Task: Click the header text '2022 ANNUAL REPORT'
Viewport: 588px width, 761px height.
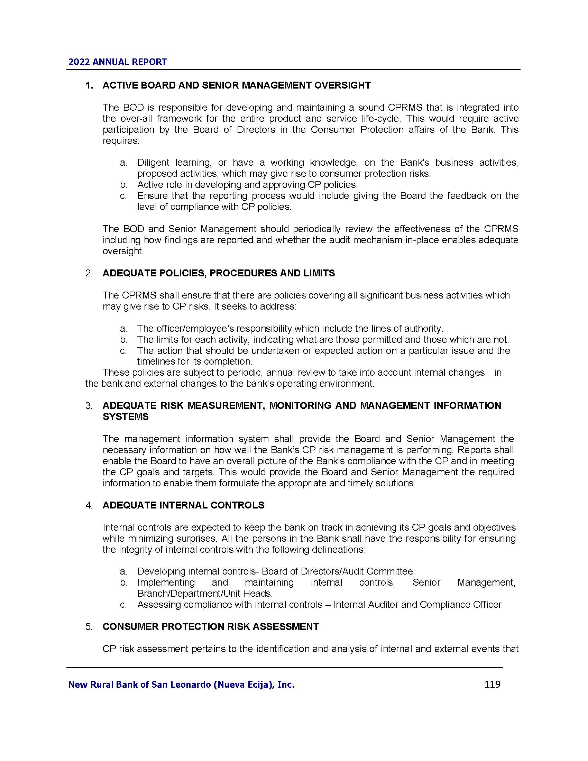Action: tap(117, 62)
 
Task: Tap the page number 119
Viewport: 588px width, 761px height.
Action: tap(492, 684)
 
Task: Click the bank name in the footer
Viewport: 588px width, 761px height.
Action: tap(181, 685)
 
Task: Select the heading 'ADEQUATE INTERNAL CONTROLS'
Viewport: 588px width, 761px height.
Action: tap(183, 505)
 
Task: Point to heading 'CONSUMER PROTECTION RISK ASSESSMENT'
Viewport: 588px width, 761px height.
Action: tap(210, 626)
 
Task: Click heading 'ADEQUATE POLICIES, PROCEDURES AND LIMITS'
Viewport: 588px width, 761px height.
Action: tap(218, 273)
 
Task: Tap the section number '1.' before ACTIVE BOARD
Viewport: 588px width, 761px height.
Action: tap(90, 85)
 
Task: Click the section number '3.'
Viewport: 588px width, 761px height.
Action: tap(89, 406)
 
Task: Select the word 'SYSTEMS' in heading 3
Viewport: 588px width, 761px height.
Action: tap(126, 417)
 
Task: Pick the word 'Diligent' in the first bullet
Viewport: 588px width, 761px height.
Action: tap(152, 163)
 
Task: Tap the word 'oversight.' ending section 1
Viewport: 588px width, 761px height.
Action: tap(123, 251)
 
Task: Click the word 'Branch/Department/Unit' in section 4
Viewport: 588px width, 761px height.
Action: tap(179, 593)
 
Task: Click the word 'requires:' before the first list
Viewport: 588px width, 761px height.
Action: tap(120, 141)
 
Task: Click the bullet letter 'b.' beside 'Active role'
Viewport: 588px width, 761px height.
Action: tap(123, 185)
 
